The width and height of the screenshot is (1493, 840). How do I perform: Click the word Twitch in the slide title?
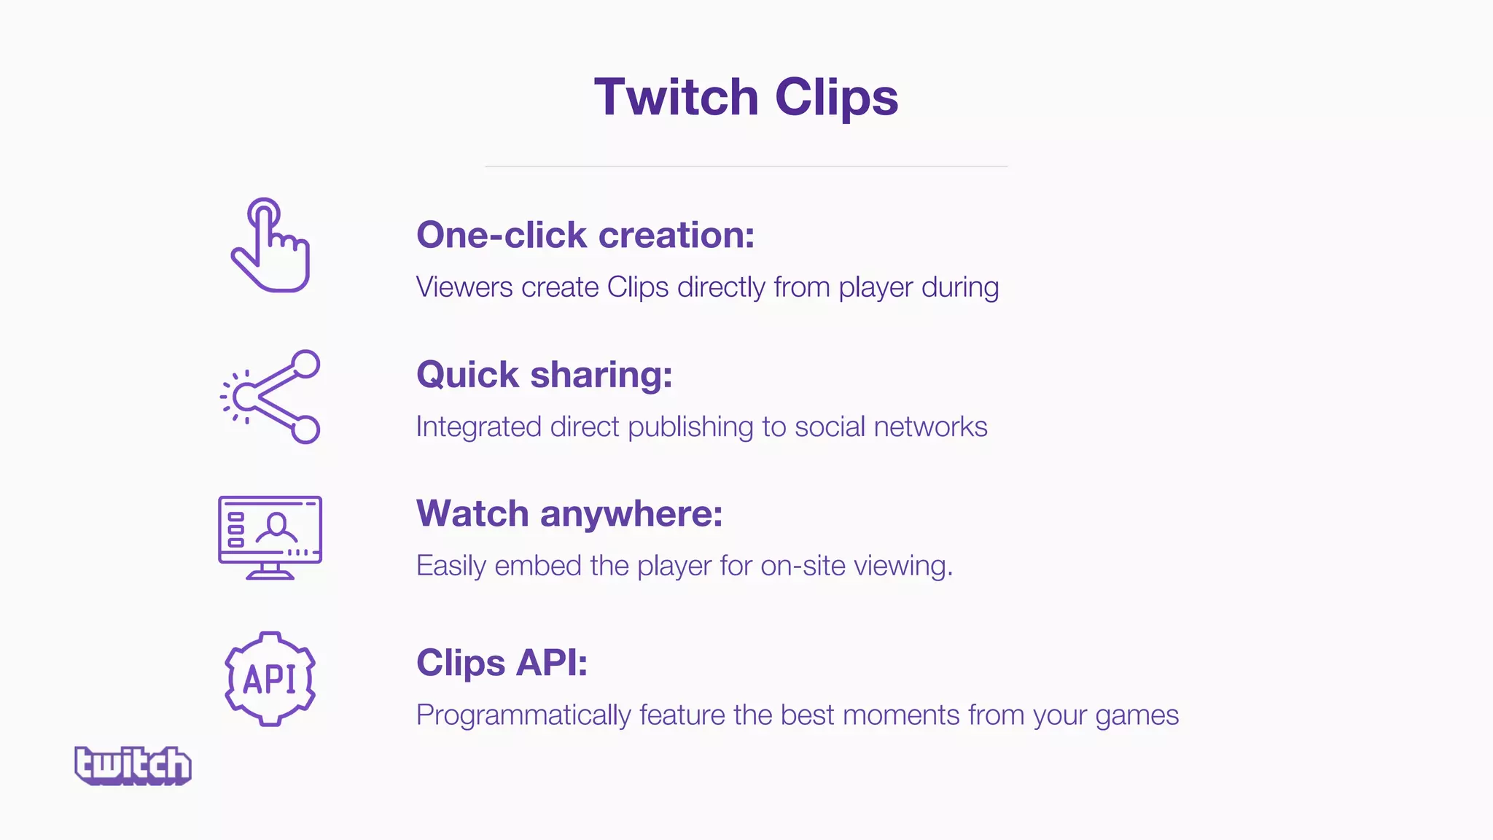point(677,97)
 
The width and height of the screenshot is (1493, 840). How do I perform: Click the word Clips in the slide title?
point(836,97)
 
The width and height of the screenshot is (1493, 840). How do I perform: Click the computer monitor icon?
point(270,537)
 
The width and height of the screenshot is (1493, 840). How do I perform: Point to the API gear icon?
point(270,679)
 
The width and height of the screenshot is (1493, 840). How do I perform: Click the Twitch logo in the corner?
point(133,765)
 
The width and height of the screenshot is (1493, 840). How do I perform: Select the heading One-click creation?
point(585,235)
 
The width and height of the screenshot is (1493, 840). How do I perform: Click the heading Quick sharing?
point(544,375)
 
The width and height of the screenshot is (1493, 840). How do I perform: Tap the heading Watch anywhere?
point(569,513)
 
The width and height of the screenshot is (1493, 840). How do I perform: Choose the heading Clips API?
point(502,663)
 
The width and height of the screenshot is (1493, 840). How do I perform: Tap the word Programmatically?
point(523,715)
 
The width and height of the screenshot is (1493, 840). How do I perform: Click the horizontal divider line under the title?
point(746,166)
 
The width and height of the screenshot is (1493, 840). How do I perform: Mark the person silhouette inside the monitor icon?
point(276,526)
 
